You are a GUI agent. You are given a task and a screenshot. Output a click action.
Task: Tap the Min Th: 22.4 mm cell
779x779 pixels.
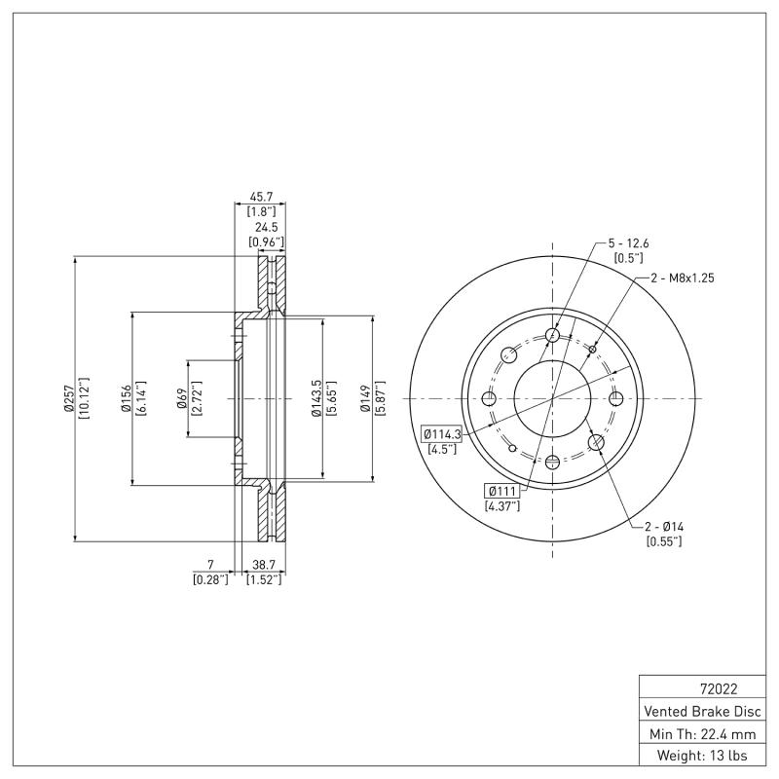coord(700,732)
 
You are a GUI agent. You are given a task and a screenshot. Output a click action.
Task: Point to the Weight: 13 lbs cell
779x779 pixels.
coord(700,755)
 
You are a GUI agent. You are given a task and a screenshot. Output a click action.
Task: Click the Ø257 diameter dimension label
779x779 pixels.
coord(69,398)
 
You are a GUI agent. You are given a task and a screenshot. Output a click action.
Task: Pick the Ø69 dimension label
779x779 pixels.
coord(182,398)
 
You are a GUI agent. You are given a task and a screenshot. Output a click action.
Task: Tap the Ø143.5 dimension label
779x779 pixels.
coord(315,398)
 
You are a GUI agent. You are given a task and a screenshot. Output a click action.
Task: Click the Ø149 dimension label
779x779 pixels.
coord(364,398)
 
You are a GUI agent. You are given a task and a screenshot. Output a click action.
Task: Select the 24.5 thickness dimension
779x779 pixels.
coord(267,226)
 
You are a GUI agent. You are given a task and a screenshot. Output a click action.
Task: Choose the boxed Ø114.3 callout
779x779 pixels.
coord(442,433)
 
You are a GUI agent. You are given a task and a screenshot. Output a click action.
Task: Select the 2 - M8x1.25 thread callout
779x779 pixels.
coord(682,278)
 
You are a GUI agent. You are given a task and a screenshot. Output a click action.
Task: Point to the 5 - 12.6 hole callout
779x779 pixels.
coord(628,242)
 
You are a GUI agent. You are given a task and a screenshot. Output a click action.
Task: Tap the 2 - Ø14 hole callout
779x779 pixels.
coord(663,526)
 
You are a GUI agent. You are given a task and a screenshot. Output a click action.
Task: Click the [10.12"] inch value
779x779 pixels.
coord(85,398)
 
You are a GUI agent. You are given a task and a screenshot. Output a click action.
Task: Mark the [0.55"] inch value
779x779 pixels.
coord(663,541)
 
